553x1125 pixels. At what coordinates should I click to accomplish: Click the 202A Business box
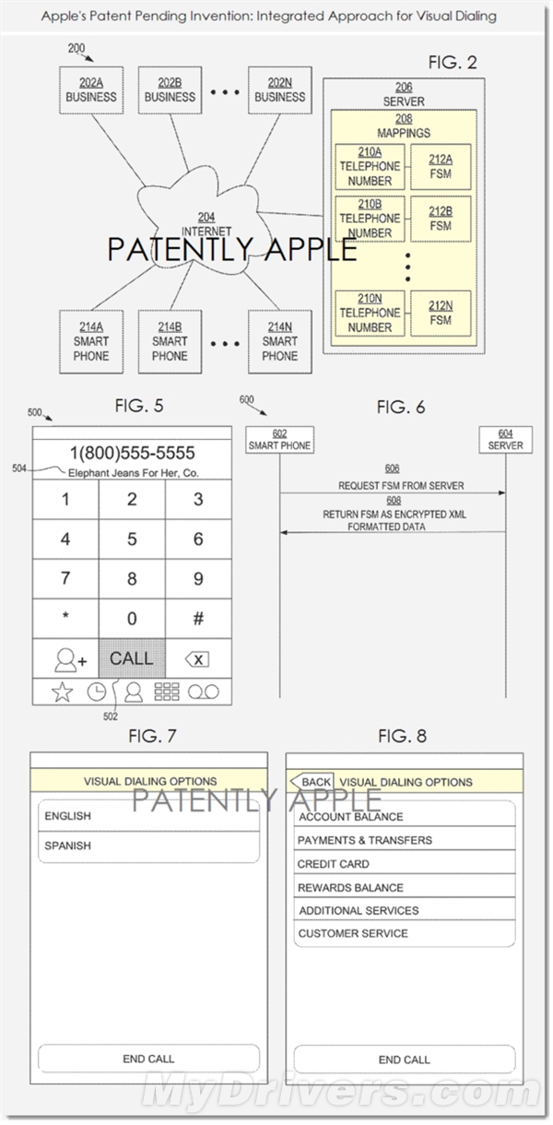click(91, 89)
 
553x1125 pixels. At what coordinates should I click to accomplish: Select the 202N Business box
click(279, 89)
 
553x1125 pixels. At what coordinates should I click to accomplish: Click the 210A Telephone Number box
click(370, 167)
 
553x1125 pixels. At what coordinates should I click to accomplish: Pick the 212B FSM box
click(441, 219)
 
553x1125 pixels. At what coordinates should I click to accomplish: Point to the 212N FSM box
click(441, 314)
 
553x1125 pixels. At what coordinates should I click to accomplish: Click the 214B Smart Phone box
click(170, 341)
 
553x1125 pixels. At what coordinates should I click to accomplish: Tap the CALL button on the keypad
click(132, 658)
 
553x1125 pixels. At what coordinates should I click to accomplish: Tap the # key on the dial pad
click(198, 619)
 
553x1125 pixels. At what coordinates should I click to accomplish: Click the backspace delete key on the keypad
click(197, 659)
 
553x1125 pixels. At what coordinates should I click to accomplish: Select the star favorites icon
click(62, 693)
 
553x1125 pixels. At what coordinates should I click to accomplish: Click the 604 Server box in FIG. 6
click(505, 440)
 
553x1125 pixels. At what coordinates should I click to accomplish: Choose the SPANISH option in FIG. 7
click(148, 846)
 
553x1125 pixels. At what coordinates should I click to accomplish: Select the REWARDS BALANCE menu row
click(404, 887)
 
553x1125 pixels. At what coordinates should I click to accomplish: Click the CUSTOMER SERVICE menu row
click(404, 933)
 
